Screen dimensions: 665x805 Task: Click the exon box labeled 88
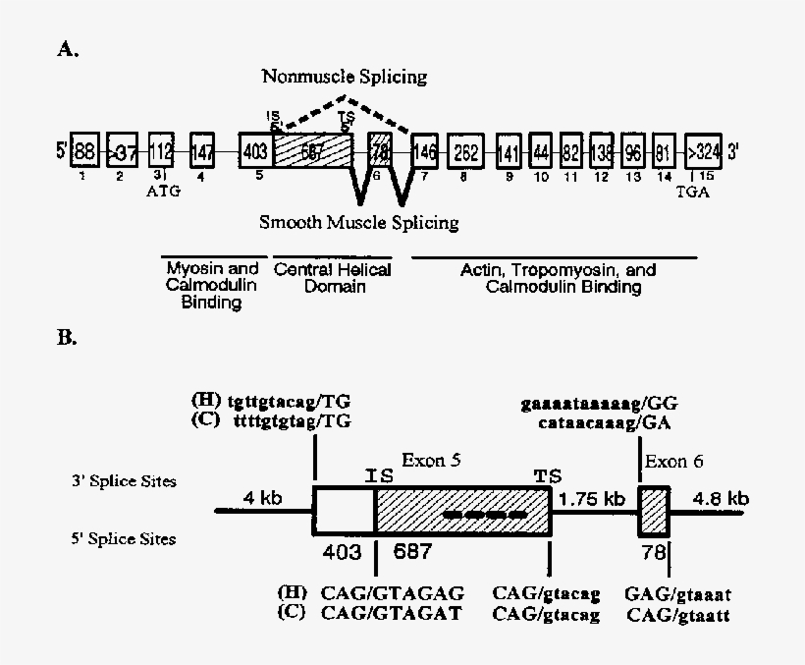pyautogui.click(x=84, y=151)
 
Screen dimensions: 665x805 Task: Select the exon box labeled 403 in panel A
pyautogui.click(x=255, y=151)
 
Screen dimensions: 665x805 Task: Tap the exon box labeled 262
pyautogui.click(x=467, y=151)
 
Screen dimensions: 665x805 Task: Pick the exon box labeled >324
pyautogui.click(x=703, y=151)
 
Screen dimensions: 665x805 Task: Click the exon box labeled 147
pyautogui.click(x=203, y=151)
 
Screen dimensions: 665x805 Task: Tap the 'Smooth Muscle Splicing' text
pyautogui.click(x=358, y=222)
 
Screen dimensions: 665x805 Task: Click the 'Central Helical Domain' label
pyautogui.click(x=332, y=278)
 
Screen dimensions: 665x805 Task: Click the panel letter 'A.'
pyautogui.click(x=67, y=50)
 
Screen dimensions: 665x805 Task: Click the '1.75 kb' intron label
pyautogui.click(x=592, y=498)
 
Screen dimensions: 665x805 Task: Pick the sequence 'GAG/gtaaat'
pyautogui.click(x=677, y=594)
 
